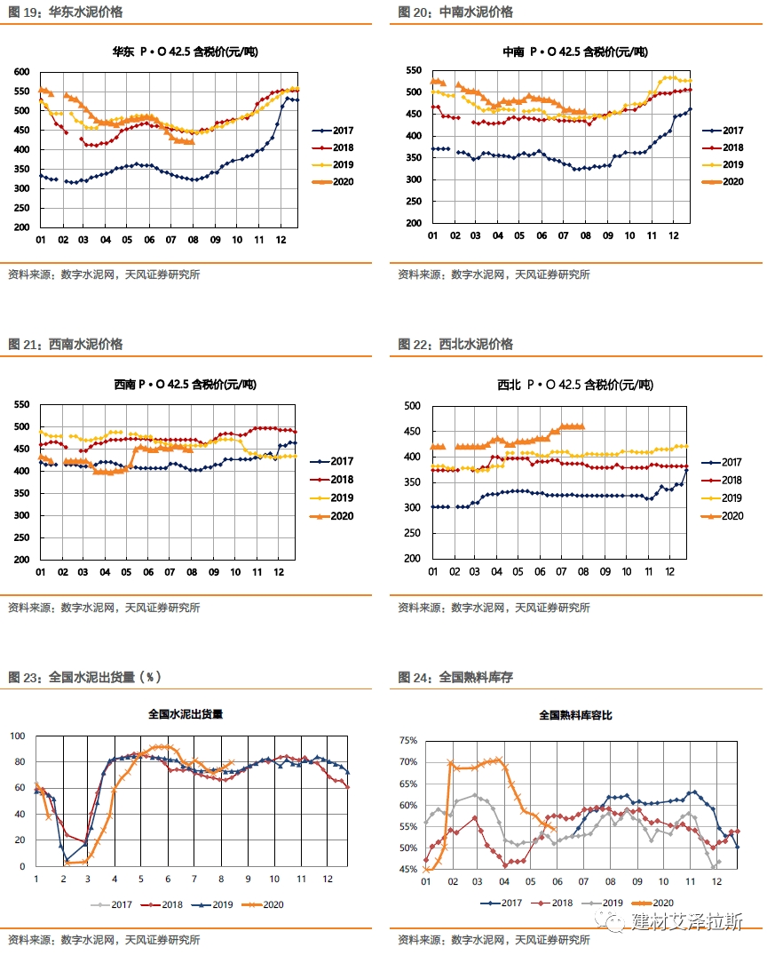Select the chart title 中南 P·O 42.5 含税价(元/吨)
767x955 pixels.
pos(574,52)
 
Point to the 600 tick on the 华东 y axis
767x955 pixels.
pos(21,72)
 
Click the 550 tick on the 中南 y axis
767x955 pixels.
pos(412,70)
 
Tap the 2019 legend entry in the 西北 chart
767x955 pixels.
pos(721,498)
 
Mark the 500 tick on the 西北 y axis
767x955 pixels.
pos(412,406)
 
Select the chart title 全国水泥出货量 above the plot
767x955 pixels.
pos(186,713)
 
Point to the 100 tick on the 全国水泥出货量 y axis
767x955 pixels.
pos(17,736)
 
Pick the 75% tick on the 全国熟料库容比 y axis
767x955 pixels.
pos(407,740)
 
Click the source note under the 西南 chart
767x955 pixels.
pos(104,608)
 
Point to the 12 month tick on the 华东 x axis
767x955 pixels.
pos(282,241)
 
